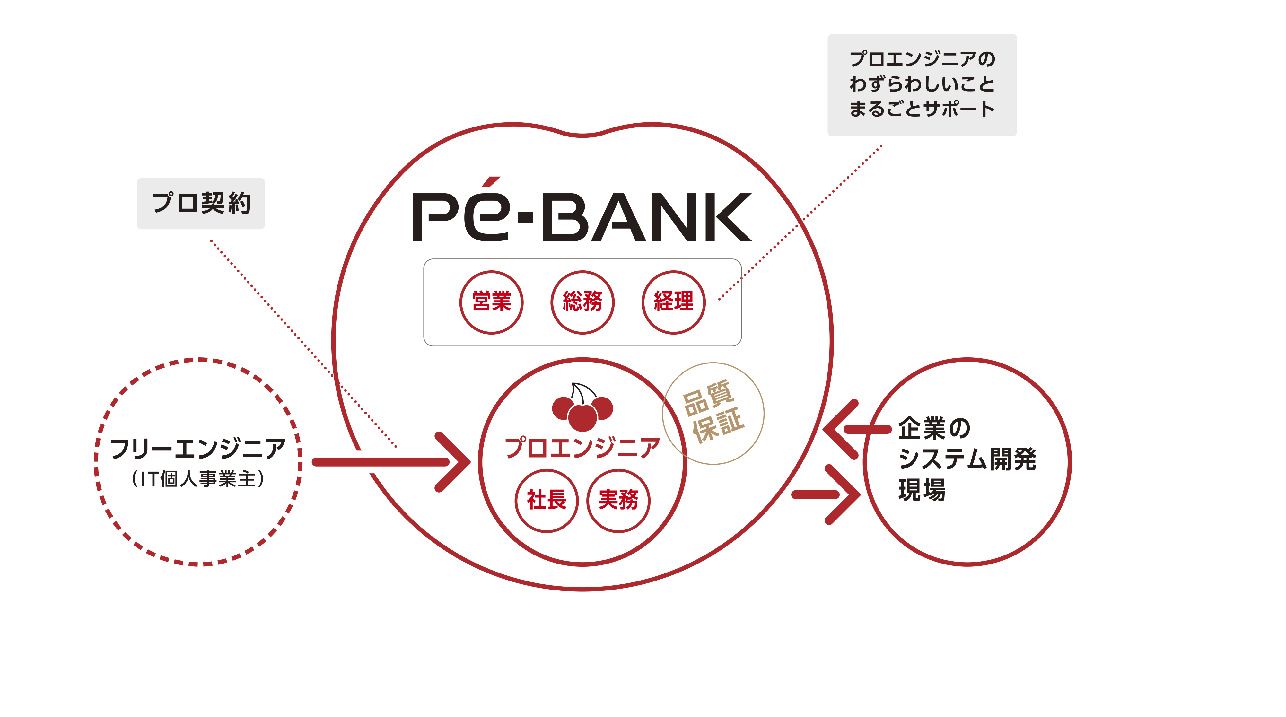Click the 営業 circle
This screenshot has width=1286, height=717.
pos(491,302)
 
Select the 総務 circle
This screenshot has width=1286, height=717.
pos(582,302)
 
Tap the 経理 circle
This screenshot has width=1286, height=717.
pos(673,302)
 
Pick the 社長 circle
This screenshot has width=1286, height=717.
pos(547,500)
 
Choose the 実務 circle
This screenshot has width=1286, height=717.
pos(618,500)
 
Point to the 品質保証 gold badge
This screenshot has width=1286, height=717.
pos(713,414)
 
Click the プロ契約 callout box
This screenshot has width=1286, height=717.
pos(201,204)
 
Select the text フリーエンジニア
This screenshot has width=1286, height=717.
pos(198,448)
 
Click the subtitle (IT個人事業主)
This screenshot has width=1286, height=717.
pos(198,479)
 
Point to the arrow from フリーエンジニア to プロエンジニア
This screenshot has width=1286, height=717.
pos(392,462)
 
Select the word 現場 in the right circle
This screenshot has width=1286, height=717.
pos(922,490)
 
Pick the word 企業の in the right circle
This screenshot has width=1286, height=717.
pos(934,428)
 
